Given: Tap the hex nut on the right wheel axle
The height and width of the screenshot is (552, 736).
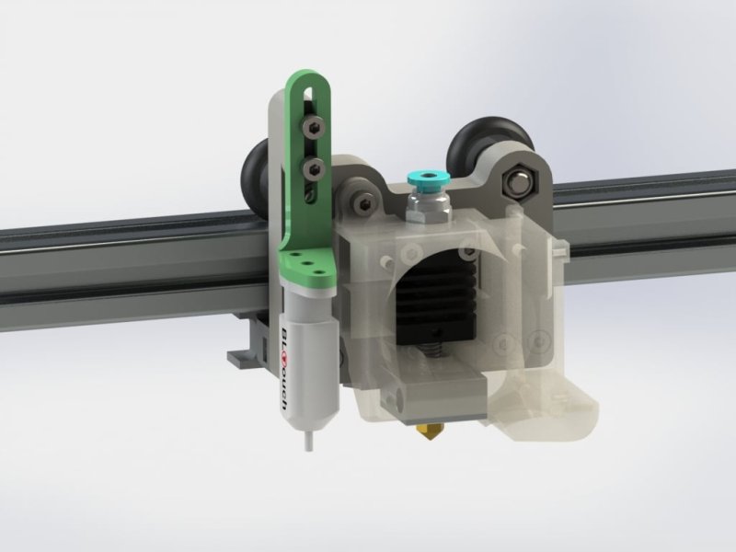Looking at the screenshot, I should [516, 182].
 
